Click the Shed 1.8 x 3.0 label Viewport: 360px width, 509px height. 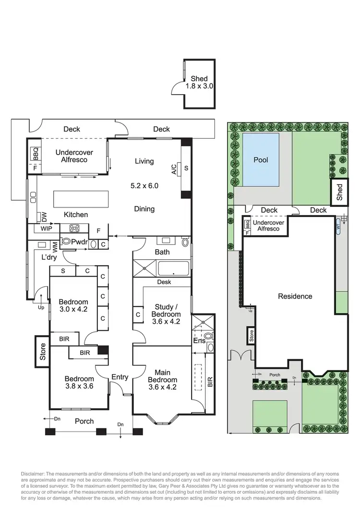pos(199,83)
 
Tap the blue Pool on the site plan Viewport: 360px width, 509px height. pos(261,160)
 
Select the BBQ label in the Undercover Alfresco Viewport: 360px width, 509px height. pos(36,153)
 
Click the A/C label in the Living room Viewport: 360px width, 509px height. pos(174,169)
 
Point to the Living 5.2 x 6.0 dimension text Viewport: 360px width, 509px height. pos(144,185)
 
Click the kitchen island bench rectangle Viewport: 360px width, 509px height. pos(84,198)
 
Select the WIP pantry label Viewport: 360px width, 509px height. pos(47,229)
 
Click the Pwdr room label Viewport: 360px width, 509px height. pos(79,242)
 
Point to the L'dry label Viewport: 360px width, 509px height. pos(48,257)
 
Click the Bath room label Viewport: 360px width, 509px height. pos(162,252)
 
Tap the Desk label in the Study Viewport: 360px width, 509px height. pos(164,282)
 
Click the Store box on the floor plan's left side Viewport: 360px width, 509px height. pos(42,351)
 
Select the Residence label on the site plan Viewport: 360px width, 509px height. pos(295,296)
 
